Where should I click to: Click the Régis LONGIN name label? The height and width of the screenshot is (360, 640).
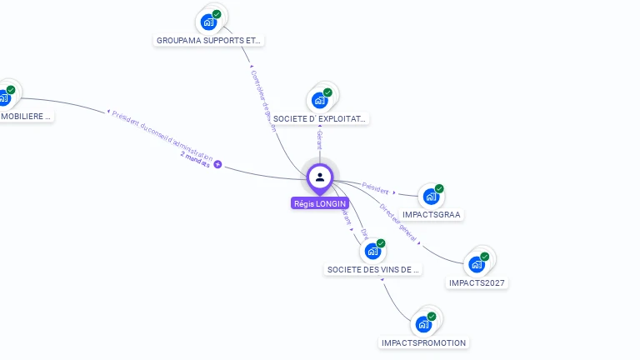(x=320, y=203)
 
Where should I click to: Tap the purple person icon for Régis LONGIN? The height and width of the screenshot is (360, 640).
(x=320, y=177)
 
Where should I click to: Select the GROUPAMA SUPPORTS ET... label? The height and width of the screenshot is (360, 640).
(x=210, y=40)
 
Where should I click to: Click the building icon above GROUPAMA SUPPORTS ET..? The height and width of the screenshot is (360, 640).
(x=208, y=22)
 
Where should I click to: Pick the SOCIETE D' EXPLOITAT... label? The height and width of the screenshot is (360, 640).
(x=320, y=119)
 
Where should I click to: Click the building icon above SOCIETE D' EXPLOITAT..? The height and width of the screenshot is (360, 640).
(x=319, y=100)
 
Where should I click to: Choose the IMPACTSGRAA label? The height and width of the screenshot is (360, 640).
(x=432, y=214)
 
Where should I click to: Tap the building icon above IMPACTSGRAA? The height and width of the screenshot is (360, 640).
(x=430, y=197)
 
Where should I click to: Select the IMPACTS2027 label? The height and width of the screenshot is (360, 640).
(x=477, y=282)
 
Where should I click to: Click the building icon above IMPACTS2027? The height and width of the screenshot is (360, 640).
(x=477, y=264)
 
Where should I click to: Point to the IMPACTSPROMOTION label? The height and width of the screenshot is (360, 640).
(x=424, y=342)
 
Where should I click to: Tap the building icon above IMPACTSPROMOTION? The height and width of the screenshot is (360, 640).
(x=423, y=324)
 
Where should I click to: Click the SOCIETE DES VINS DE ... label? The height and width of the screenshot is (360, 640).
(x=373, y=269)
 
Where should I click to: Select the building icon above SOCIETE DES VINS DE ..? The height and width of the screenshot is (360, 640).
(x=372, y=251)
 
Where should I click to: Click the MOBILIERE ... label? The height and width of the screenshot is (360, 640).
(x=25, y=117)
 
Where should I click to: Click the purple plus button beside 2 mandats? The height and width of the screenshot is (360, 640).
(x=218, y=165)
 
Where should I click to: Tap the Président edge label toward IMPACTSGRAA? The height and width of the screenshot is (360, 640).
(x=376, y=187)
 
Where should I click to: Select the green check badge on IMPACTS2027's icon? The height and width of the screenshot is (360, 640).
(x=485, y=257)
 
